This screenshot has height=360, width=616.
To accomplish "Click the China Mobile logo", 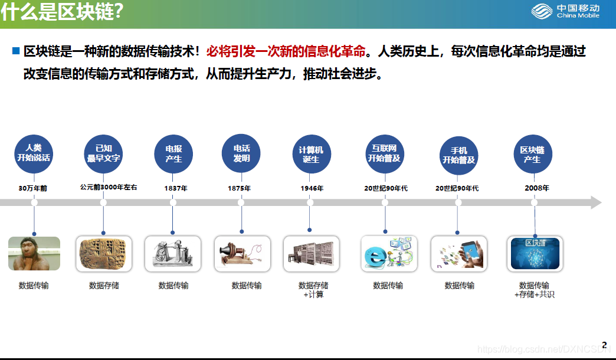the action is pyautogui.click(x=565, y=11).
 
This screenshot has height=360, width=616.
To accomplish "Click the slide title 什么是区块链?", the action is pyautogui.click(x=62, y=11).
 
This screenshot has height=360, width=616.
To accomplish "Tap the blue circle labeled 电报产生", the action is pyautogui.click(x=173, y=154).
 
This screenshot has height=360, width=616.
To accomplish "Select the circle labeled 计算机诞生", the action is pyautogui.click(x=312, y=154).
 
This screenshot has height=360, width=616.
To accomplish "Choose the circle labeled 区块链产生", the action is pyautogui.click(x=533, y=154).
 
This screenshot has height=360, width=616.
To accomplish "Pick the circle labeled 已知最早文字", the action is pyautogui.click(x=103, y=154).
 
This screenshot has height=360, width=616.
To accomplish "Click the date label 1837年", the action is pyautogui.click(x=176, y=188).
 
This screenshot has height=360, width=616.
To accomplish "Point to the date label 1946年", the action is pyautogui.click(x=312, y=188).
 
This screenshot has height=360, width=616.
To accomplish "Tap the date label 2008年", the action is pyautogui.click(x=537, y=188).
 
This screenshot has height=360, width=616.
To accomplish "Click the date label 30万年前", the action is pyautogui.click(x=32, y=188).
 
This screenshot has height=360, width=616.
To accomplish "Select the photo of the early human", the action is pyautogui.click(x=34, y=254).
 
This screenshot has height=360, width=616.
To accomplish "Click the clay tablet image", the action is pyautogui.click(x=104, y=254).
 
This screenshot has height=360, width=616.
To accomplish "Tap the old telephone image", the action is pyautogui.click(x=243, y=254).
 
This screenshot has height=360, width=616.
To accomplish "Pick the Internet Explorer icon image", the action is pyautogui.click(x=389, y=254).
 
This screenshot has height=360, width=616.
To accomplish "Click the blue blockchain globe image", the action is pyautogui.click(x=535, y=254).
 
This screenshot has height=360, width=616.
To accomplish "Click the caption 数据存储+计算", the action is pyautogui.click(x=313, y=290).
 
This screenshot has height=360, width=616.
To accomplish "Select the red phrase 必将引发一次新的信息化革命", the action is pyautogui.click(x=286, y=51).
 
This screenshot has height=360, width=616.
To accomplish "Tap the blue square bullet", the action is pyautogui.click(x=16, y=51).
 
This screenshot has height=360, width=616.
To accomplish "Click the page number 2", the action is pyautogui.click(x=604, y=345).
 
